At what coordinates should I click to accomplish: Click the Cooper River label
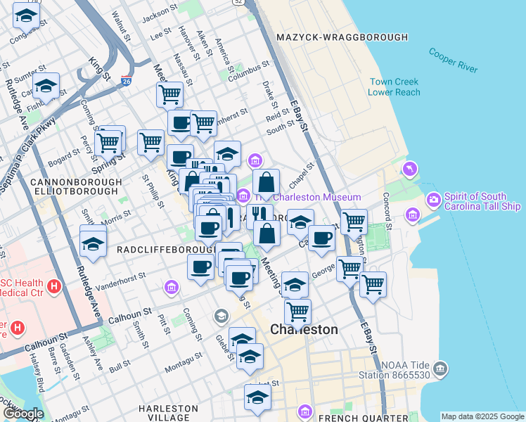(453, 60)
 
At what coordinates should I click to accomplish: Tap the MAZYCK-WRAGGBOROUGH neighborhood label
(342, 37)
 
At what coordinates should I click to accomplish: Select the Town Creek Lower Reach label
(394, 87)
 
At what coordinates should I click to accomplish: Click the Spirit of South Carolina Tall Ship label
(482, 201)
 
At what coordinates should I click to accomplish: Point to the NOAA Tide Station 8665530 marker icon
(440, 367)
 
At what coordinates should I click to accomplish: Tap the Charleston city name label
(304, 329)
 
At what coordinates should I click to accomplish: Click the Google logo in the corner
(23, 414)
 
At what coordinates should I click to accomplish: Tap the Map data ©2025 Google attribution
(482, 416)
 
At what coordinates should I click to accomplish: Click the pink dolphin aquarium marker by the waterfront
(409, 170)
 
